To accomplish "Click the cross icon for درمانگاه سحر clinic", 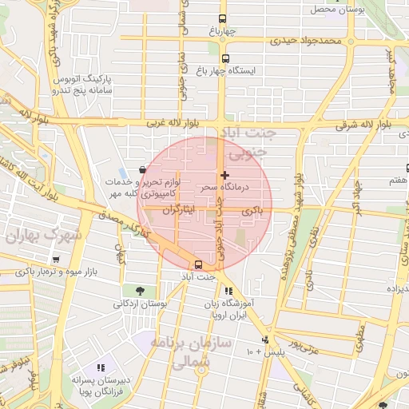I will click(224, 175).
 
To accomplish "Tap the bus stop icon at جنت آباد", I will click(199, 264).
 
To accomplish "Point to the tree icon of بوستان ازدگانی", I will click(141, 292).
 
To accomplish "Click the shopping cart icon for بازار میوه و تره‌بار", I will click(55, 260).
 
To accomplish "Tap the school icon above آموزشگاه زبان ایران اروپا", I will click(229, 292).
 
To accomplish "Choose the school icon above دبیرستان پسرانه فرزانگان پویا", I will click(101, 367).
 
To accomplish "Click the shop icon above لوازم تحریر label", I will click(142, 169).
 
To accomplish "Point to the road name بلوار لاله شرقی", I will click(363, 125).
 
